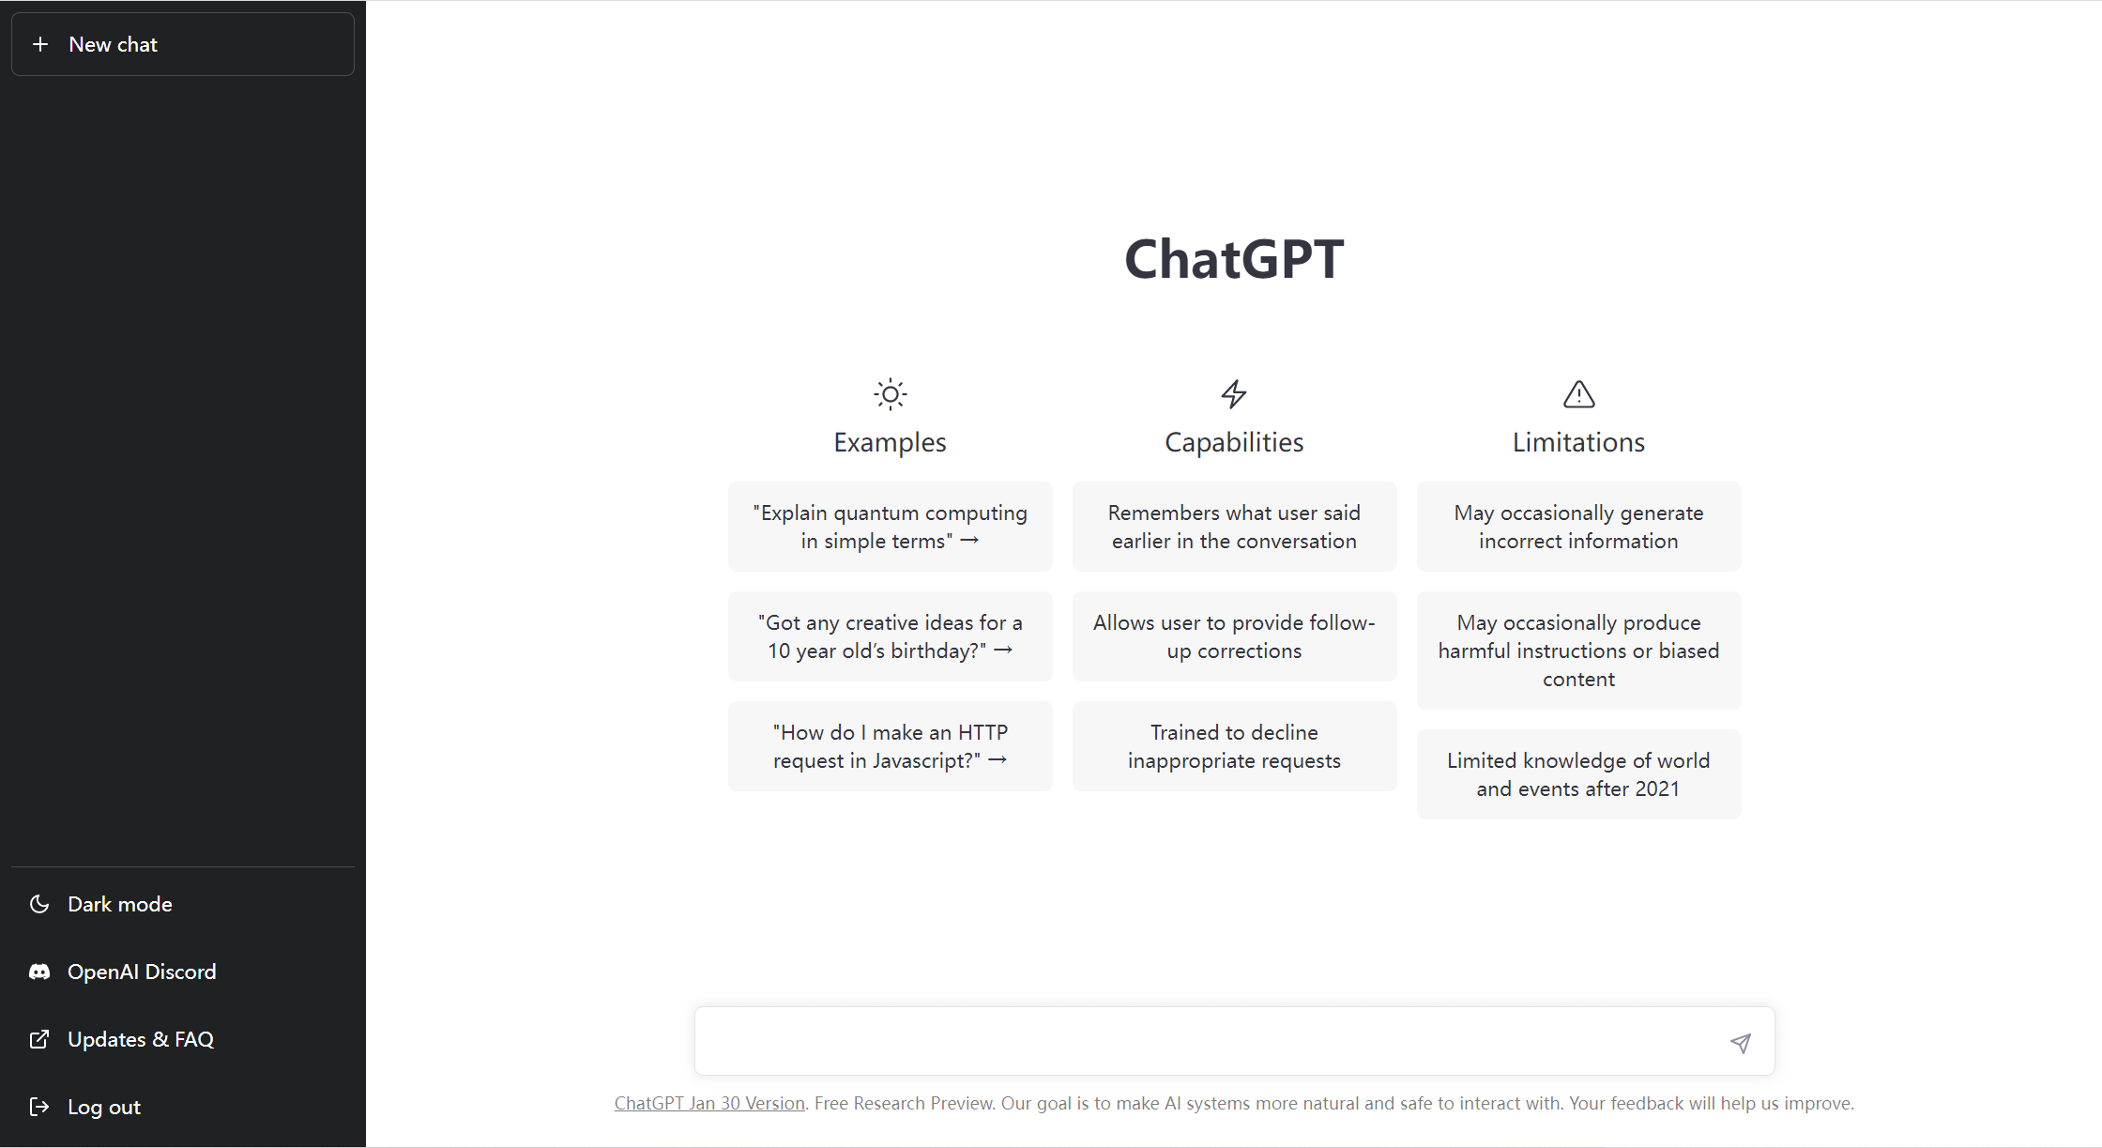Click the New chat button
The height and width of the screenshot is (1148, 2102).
183,44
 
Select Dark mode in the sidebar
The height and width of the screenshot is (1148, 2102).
120,904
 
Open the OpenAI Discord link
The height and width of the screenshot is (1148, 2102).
142,972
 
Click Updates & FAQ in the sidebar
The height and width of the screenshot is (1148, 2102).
141,1039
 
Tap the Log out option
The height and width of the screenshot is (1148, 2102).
104,1107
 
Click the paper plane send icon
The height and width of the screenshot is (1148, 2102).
1741,1043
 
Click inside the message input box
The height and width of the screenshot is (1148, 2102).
1211,1041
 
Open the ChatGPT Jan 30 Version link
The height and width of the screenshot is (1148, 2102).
709,1103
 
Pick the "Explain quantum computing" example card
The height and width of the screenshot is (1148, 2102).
891,527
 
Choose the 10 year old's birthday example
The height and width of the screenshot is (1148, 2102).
891,636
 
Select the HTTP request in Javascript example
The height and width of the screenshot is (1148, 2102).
891,746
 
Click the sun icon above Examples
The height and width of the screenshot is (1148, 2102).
891,394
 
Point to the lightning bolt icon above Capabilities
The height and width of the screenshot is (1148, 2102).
1234,394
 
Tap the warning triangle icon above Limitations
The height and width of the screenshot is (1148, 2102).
1579,394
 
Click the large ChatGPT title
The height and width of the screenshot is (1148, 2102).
1234,259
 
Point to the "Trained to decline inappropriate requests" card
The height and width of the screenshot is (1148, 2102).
1235,746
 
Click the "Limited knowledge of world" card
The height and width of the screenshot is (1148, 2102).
1579,774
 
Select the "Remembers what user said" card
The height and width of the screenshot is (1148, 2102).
1235,527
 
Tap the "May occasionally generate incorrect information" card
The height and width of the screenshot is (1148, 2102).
1579,527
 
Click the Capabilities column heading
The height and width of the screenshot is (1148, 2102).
1234,442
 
